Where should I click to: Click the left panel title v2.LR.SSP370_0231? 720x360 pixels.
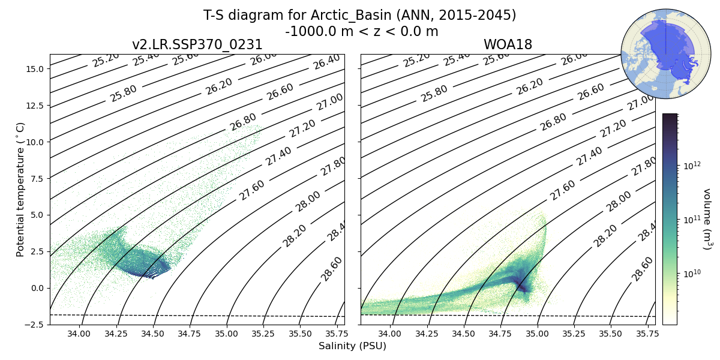click(197, 45)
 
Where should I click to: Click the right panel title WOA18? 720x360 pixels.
click(508, 45)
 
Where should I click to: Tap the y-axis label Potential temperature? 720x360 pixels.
click(21, 189)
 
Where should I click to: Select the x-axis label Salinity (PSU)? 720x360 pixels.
click(352, 346)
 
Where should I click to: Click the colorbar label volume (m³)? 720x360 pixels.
click(707, 219)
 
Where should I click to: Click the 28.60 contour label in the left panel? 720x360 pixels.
click(332, 268)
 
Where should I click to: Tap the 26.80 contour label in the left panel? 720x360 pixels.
click(242, 122)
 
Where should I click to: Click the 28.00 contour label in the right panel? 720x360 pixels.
click(619, 202)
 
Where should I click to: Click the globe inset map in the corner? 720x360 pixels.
click(658, 53)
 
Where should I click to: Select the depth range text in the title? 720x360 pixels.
click(361, 31)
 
